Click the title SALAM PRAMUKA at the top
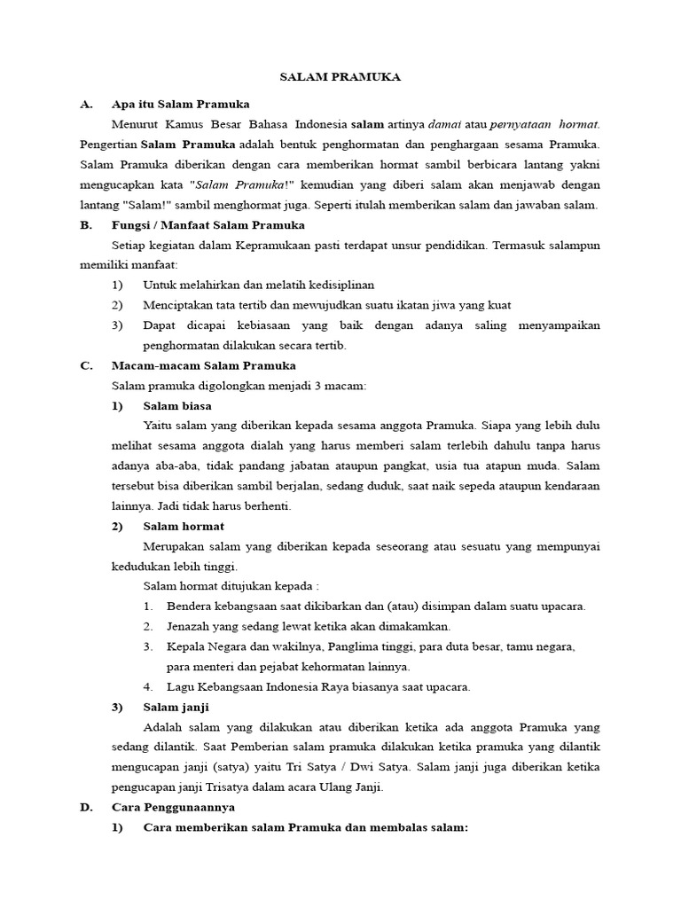click(340, 77)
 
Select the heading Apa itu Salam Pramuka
click(181, 104)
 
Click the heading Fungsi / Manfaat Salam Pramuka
click(208, 225)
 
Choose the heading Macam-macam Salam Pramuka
click(204, 365)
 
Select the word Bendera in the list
click(190, 607)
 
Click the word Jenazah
click(190, 626)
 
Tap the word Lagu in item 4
click(179, 686)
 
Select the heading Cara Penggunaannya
click(174, 808)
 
